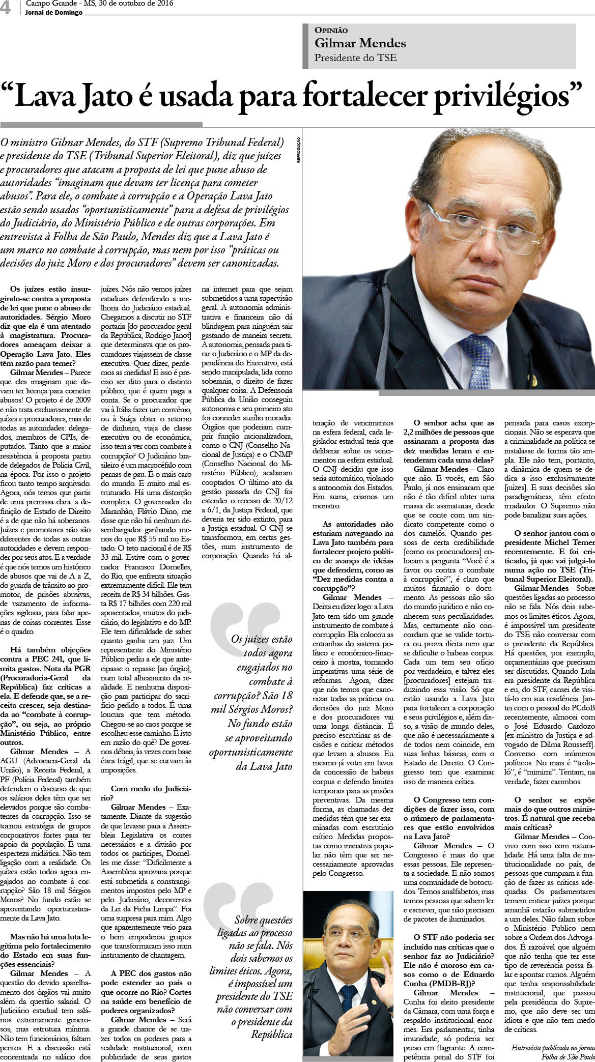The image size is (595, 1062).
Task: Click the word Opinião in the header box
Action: tap(331, 31)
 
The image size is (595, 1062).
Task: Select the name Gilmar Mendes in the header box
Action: tap(360, 43)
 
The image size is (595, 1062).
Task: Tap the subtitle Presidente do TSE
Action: tap(355, 58)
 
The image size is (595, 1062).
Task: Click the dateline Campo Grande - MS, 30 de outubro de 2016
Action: tap(99, 4)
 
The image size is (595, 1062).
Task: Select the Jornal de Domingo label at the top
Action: tap(53, 13)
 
